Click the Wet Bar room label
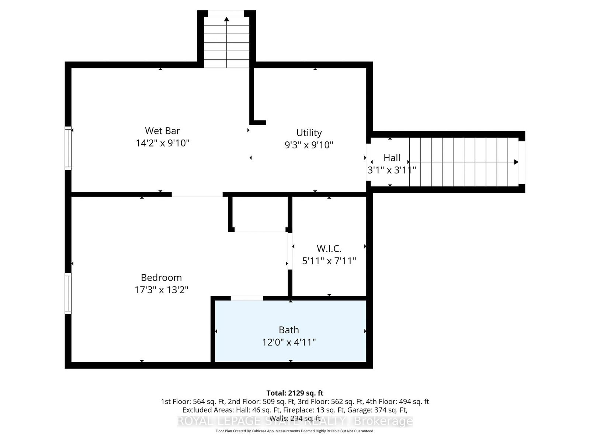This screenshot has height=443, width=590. click(162, 131)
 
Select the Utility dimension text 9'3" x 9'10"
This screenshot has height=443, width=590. click(309, 145)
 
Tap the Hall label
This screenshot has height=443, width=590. click(392, 158)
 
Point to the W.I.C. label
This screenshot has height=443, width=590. click(329, 248)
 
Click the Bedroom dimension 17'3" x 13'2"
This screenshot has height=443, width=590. click(161, 290)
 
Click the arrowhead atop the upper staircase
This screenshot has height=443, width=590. click(226, 19)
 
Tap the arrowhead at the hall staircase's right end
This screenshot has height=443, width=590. click(516, 162)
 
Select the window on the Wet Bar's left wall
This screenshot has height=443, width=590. click(68, 148)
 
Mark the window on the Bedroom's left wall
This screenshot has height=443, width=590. click(68, 293)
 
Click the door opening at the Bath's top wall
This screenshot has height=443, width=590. click(247, 298)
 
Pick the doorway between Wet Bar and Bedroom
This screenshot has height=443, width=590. click(197, 194)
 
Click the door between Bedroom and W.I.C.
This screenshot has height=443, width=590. click(290, 251)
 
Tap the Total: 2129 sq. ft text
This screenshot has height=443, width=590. click(295, 393)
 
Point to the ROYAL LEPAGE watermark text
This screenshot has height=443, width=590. click(295, 421)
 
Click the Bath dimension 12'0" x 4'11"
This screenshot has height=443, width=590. click(289, 342)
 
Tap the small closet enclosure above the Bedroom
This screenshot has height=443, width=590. click(260, 214)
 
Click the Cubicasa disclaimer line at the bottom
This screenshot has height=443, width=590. click(295, 431)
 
